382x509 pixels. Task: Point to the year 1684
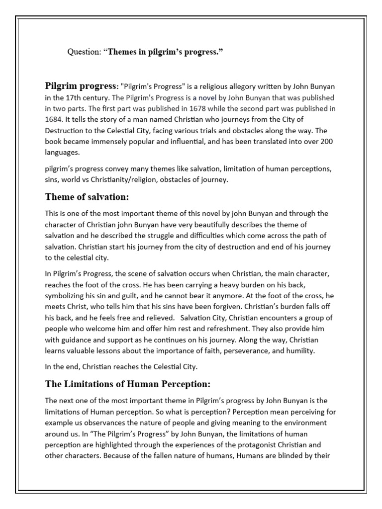pos(55,119)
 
